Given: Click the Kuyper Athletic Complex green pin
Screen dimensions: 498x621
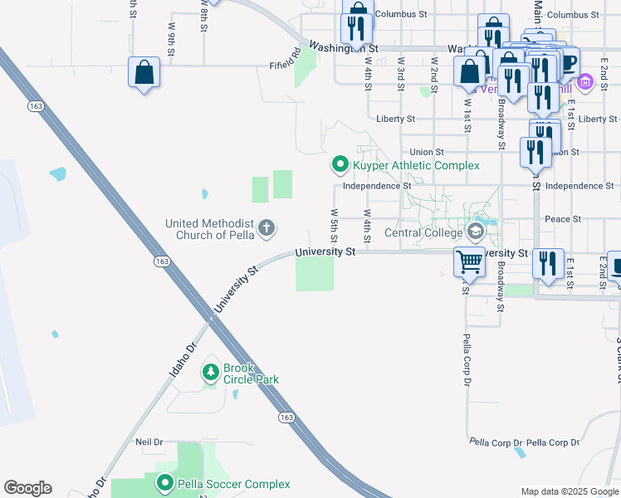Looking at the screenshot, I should pos(339,165).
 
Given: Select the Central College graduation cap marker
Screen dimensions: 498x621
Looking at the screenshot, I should pos(476,232).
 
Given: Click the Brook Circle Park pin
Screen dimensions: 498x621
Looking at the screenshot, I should pos(212,371).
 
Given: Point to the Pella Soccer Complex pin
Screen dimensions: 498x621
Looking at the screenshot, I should pos(164,483).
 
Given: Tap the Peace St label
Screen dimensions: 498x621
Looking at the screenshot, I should pos(563,219).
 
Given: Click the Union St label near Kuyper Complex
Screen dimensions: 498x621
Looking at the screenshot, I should pos(428,152).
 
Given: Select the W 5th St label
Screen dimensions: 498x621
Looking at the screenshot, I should pos(334,224).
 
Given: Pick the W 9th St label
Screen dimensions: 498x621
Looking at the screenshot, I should pos(171,39).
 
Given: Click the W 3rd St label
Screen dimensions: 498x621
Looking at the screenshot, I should pos(400,73).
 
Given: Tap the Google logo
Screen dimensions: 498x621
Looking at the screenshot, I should pos(27,488).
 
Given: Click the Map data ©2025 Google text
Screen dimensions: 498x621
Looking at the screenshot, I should pos(569,491).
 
